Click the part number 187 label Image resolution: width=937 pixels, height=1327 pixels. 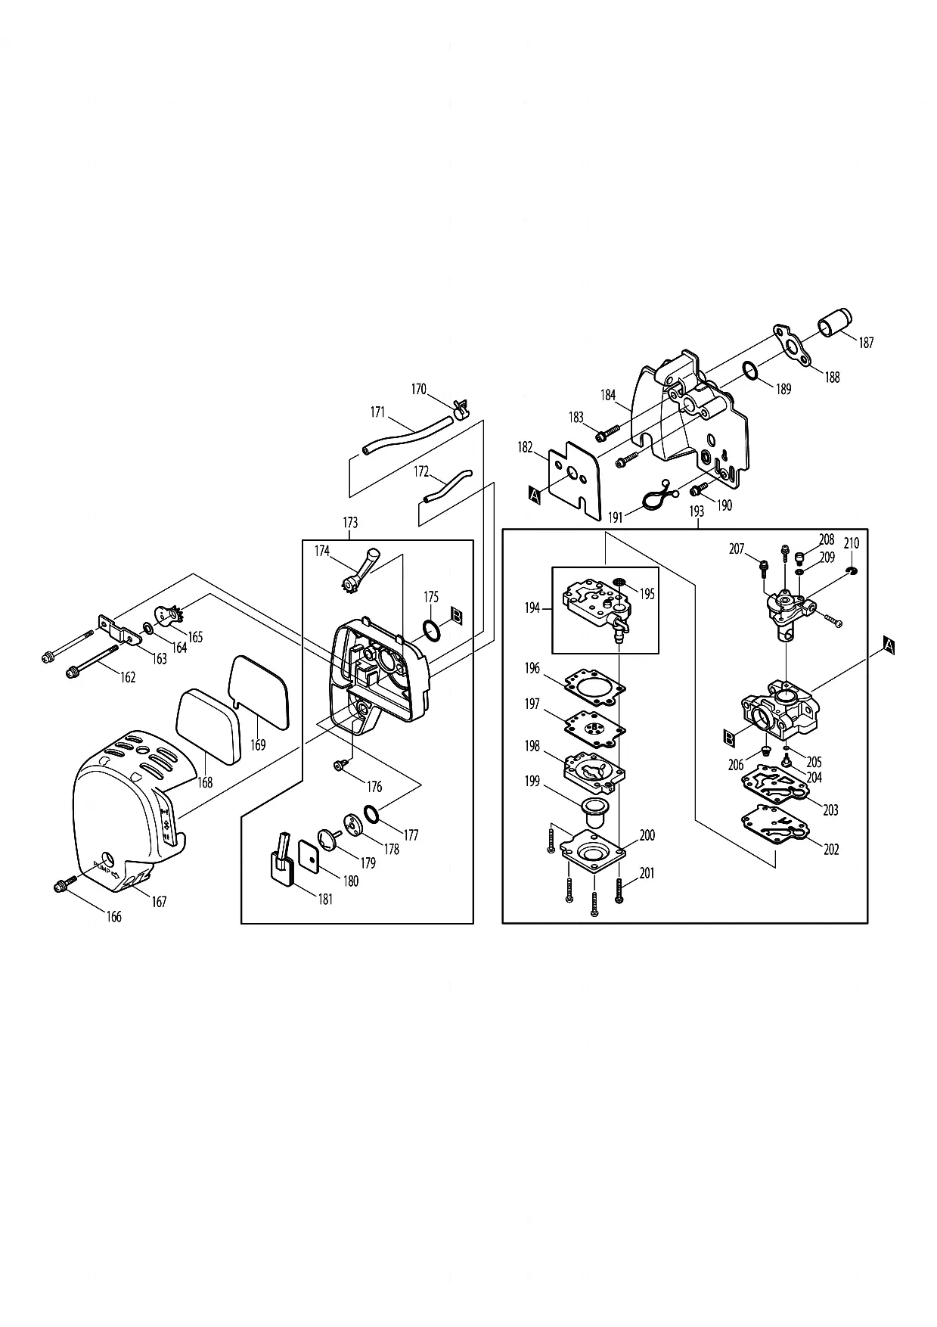[x=866, y=343]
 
